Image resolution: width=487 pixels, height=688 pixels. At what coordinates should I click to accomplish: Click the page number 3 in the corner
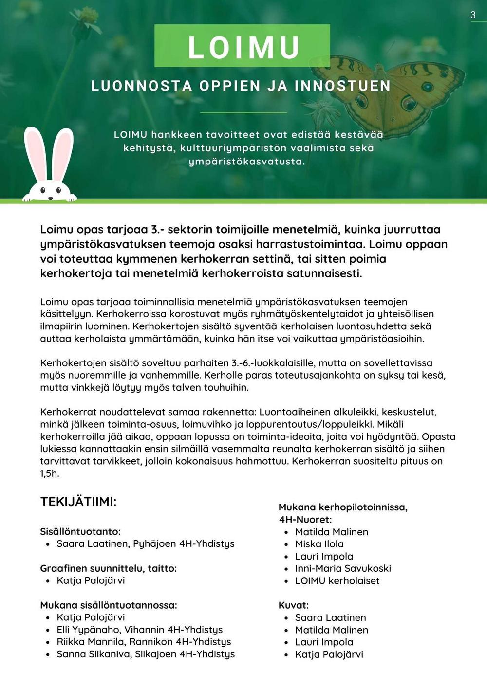pos(473,15)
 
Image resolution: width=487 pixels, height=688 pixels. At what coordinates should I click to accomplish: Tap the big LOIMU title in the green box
pos(243,47)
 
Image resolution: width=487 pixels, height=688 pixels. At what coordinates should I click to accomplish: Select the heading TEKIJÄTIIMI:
pos(78,502)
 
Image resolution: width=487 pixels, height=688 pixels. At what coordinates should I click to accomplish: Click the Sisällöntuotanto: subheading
pos(80,531)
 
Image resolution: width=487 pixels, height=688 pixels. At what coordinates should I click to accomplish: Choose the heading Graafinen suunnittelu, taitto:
pos(108,568)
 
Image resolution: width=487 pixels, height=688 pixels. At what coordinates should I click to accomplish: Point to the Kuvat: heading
pos(294,605)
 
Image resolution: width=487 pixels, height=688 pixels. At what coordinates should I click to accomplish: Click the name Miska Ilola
pos(319,544)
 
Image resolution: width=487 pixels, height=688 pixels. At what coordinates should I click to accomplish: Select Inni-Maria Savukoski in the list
pos(343,568)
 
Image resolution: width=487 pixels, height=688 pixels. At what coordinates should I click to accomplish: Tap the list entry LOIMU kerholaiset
pos(337,580)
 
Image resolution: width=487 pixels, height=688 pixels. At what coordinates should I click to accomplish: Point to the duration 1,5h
pos(50,473)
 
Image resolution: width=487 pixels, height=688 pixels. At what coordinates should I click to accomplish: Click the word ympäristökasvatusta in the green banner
pos(246,162)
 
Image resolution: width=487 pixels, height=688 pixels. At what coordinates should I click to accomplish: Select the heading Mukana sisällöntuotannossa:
pos(109,605)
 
